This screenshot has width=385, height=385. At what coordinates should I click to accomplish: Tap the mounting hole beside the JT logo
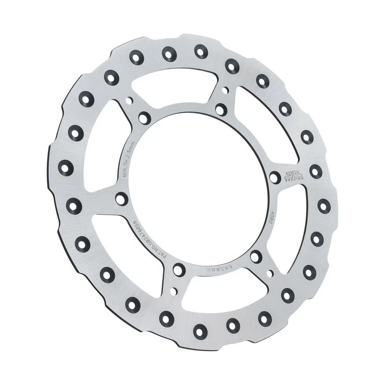click(x=275, y=178)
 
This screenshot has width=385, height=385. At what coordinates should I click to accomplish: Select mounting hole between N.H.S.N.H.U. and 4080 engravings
click(x=256, y=257)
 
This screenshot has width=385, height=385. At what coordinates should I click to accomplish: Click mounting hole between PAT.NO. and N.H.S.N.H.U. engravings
click(x=179, y=269)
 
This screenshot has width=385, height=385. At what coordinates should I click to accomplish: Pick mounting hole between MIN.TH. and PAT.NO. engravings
click(x=122, y=198)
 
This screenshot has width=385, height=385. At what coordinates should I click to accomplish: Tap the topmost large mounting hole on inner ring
click(x=221, y=109)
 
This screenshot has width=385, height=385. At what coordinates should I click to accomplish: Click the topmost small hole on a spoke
click(x=225, y=90)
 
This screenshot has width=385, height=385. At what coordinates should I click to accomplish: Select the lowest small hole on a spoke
click(x=173, y=291)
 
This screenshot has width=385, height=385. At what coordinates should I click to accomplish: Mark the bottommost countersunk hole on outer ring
click(x=200, y=331)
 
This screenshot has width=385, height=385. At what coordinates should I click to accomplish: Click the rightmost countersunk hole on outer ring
click(x=324, y=206)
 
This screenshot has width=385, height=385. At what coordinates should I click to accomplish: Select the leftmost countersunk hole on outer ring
click(x=66, y=167)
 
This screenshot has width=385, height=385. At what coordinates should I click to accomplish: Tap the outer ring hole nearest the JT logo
click(x=315, y=171)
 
